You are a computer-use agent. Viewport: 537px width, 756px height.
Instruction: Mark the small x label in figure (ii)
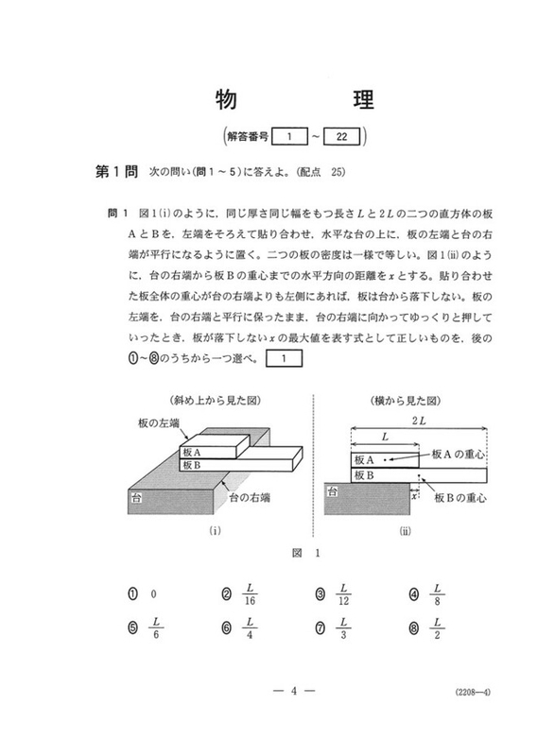413,493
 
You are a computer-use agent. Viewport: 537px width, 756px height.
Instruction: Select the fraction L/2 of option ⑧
438,626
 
